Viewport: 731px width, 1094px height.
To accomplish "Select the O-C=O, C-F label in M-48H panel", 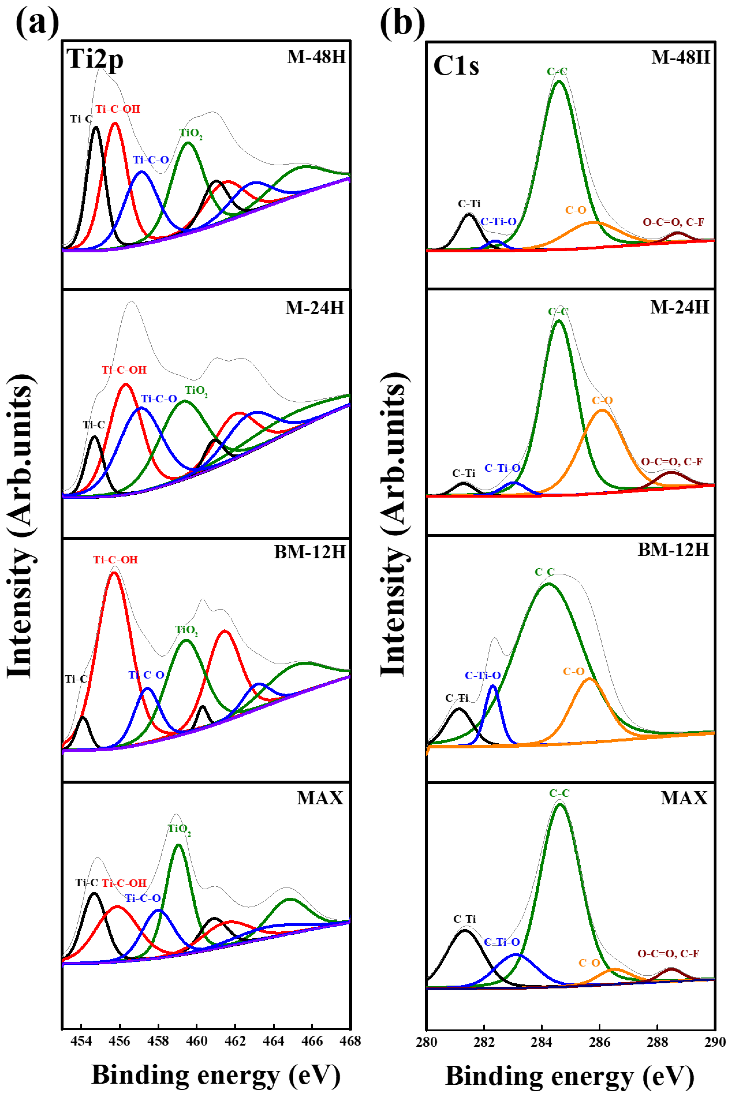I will click(x=673, y=222).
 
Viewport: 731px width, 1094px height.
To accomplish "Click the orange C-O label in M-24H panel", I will click(x=602, y=401).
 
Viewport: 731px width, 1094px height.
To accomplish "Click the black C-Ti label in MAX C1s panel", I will click(x=464, y=919).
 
